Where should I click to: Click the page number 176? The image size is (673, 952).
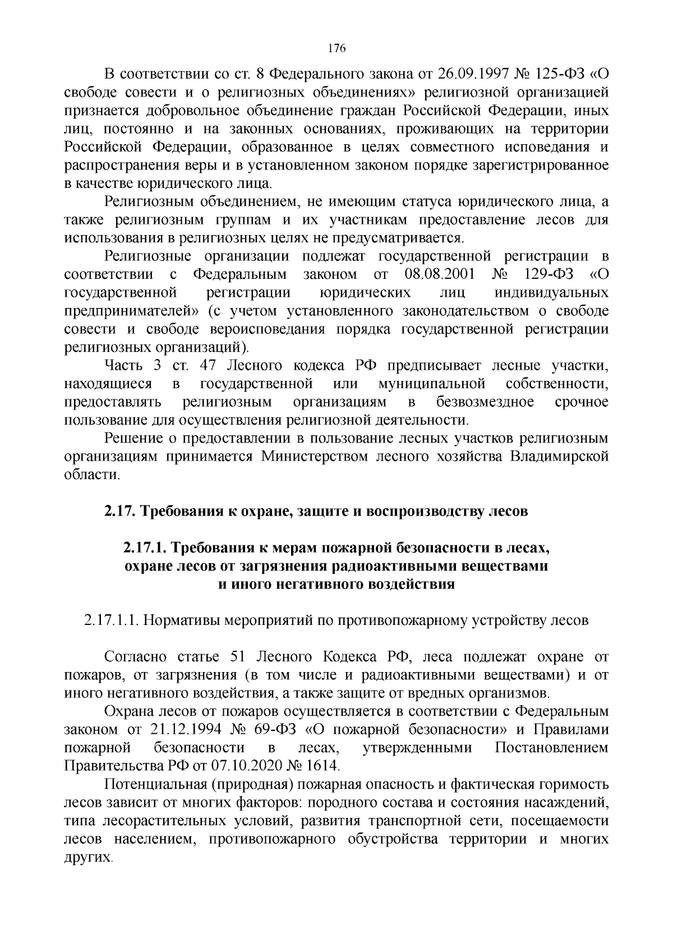[336, 48]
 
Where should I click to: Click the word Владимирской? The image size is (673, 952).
[559, 456]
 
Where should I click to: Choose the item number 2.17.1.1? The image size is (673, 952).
[111, 620]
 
